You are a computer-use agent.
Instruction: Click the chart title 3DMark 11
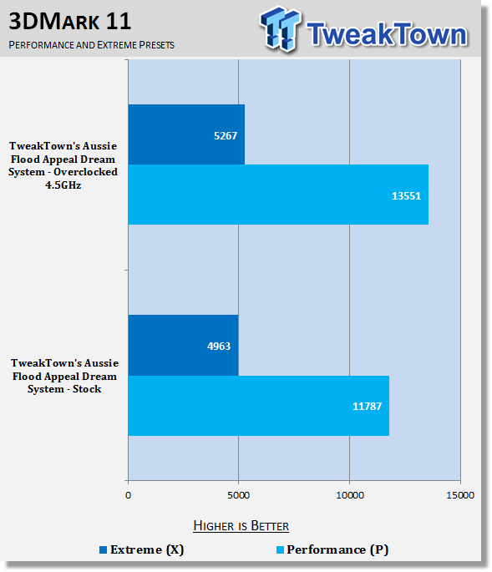point(69,22)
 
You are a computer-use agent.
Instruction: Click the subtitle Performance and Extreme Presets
point(92,45)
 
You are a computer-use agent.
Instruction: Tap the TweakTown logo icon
point(281,29)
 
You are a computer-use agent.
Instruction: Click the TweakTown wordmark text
point(387,34)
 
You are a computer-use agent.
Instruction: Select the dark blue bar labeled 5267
point(186,134)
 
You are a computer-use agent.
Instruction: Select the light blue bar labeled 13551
point(278,195)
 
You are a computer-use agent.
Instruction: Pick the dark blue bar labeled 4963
point(183,345)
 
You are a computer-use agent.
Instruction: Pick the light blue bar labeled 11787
point(259,406)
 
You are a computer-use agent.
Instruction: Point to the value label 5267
point(226,136)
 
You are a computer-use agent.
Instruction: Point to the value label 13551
point(406,196)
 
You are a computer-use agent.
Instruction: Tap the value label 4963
point(219,347)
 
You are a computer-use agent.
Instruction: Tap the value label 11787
point(367,407)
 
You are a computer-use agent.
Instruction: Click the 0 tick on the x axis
point(128,495)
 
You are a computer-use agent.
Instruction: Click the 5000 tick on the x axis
point(238,495)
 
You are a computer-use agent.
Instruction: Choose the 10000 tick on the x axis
point(350,495)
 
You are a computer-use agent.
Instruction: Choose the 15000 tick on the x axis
point(460,495)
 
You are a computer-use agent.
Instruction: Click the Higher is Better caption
point(241,526)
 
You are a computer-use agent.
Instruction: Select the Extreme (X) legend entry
point(142,549)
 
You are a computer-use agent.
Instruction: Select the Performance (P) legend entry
point(332,549)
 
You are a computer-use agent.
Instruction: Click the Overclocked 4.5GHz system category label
point(63,165)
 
